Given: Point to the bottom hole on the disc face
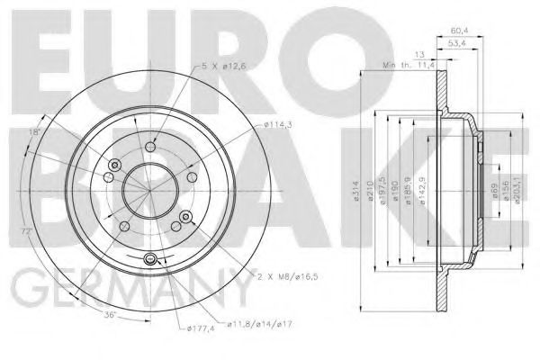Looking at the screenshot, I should coord(150,261).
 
